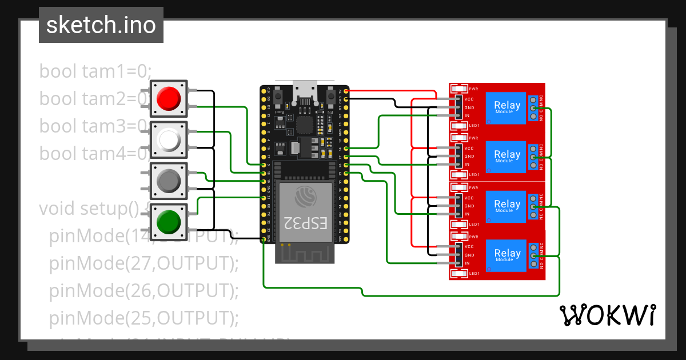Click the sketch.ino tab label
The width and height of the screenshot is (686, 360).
[101, 26]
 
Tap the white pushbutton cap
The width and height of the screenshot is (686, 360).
[169, 139]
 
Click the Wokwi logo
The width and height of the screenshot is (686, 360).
[607, 315]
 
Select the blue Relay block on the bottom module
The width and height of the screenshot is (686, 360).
[506, 255]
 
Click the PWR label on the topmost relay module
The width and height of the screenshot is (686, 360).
[473, 89]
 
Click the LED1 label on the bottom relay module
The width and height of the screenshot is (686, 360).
[474, 274]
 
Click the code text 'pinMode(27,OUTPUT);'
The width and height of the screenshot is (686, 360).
[143, 263]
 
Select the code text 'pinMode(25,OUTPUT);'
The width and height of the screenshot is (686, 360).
[143, 317]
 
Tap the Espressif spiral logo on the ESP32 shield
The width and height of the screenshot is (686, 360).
[304, 197]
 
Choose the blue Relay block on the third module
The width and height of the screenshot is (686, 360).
[506, 206]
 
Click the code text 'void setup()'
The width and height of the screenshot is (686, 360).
[89, 208]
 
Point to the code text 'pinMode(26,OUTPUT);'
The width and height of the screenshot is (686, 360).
[143, 290]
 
